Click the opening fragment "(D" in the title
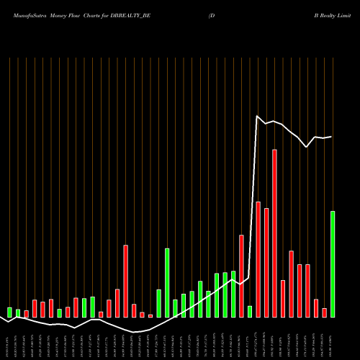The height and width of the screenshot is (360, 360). (212, 14)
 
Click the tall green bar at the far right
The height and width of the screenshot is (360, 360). (333, 264)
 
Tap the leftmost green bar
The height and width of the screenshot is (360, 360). (10, 312)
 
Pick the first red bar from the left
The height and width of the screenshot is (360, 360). (27, 313)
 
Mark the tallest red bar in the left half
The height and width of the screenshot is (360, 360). (126, 281)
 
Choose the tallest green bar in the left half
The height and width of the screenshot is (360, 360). (167, 282)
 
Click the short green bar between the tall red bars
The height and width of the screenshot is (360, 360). (250, 311)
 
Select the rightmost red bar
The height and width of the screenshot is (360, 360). (324, 312)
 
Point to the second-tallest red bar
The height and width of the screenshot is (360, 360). (258, 259)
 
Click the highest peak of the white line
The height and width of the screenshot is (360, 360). (258, 116)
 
